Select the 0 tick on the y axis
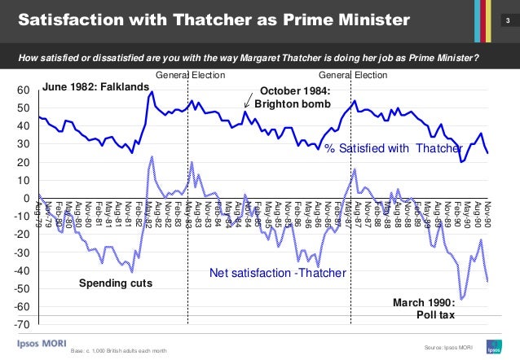click(x=27, y=199)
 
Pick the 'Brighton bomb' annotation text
click(x=292, y=104)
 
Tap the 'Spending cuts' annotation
click(x=115, y=283)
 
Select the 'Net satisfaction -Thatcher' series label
click(x=277, y=272)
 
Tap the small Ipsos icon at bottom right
click(x=493, y=345)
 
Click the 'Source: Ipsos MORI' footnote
click(x=448, y=348)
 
